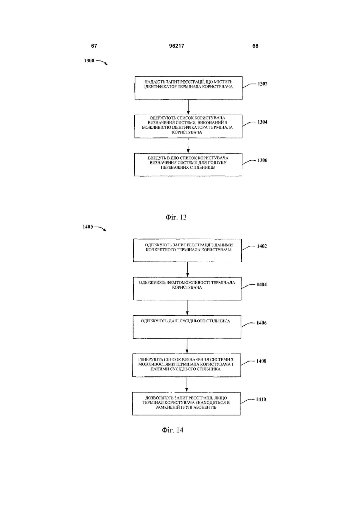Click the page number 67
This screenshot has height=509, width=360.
point(94,46)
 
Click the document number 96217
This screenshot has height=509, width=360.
point(177,46)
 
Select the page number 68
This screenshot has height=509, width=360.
point(255,46)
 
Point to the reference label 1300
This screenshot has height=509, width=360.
point(89,61)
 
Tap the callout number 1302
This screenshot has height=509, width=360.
point(263,84)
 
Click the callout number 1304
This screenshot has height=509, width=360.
point(263,122)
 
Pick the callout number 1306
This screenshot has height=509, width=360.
point(262,160)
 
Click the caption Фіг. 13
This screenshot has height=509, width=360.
point(176,217)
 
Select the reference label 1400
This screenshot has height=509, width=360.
point(88,227)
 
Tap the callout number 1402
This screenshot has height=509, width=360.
point(262,246)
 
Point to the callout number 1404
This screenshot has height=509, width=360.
point(262,285)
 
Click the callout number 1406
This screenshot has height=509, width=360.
point(261,323)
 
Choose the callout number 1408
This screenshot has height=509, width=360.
point(261,361)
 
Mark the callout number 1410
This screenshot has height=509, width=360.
point(261,399)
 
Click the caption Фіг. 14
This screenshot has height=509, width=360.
point(172,430)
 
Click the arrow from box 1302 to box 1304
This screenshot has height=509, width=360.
point(188,107)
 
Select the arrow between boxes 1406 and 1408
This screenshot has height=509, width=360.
point(187,346)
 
